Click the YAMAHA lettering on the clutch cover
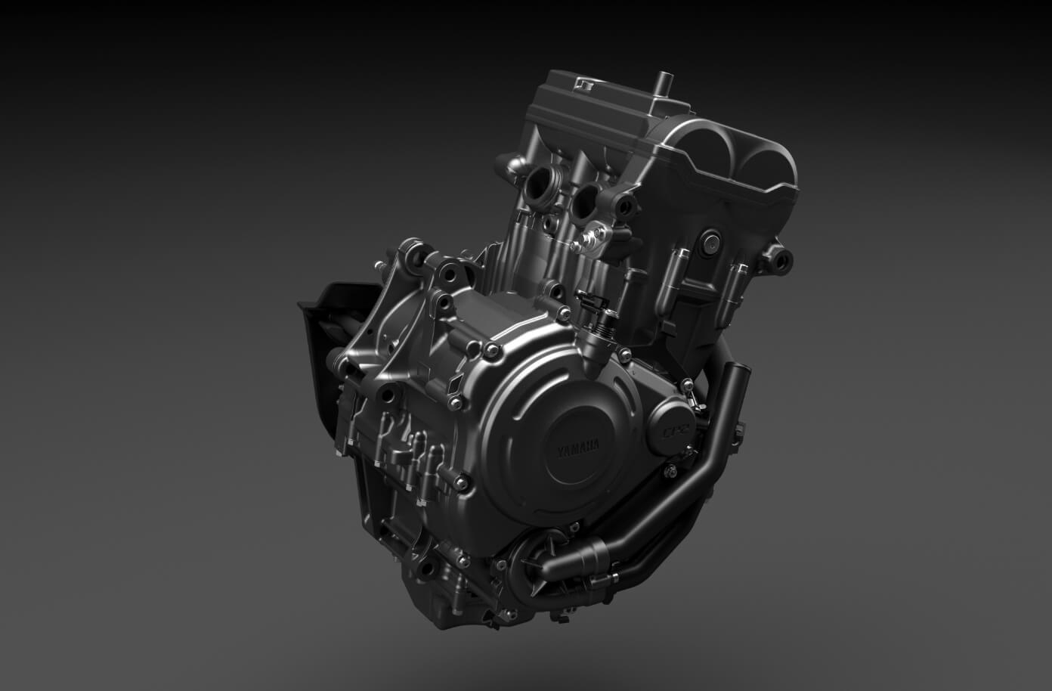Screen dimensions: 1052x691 click(578, 448)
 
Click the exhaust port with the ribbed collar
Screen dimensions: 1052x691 click(541, 186)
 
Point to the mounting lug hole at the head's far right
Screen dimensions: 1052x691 click(781, 262)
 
